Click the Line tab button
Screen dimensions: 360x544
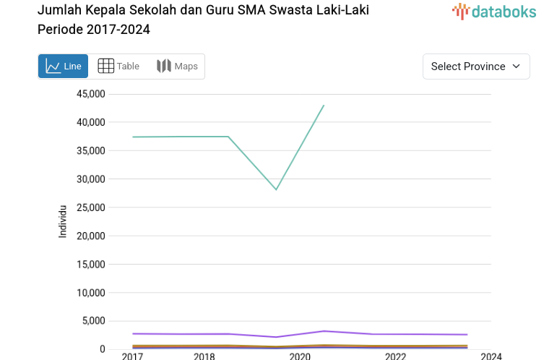pos(64,67)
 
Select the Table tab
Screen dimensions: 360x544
pos(118,67)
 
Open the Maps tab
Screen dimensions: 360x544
pos(177,67)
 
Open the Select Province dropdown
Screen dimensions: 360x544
pos(476,67)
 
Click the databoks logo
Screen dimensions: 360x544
pos(494,11)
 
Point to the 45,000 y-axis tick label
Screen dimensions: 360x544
pos(90,94)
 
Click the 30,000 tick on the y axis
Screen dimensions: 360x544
pos(90,179)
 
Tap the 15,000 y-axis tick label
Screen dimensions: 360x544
pos(90,265)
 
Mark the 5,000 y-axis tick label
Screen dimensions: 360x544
pos(93,321)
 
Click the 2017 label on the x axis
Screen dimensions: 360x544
pos(132,356)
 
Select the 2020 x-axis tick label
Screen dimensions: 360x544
pos(300,356)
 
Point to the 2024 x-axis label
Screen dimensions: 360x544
pos(491,356)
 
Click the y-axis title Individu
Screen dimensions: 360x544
pos(63,221)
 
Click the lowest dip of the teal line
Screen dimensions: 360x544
pos(276,189)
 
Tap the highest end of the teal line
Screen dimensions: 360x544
pos(324,106)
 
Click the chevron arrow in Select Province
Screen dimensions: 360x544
pos(516,67)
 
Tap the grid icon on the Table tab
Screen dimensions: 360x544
pos(105,67)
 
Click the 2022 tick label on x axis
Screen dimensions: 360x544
pos(395,356)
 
